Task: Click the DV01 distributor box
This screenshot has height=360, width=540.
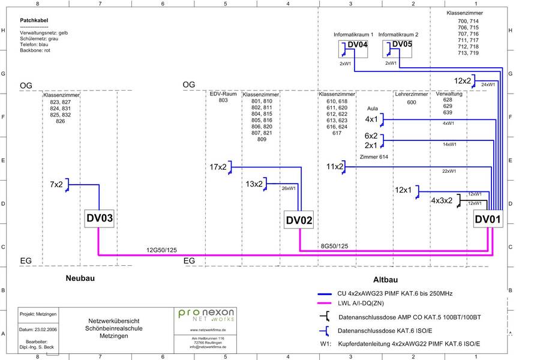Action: [x=487, y=220]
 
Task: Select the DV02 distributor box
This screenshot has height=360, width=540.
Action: [x=299, y=220]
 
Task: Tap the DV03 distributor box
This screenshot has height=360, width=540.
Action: [x=98, y=220]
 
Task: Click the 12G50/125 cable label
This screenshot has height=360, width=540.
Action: [x=161, y=249]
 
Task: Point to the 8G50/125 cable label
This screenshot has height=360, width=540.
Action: [x=334, y=246]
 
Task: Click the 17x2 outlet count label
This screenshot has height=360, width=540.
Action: [x=218, y=167]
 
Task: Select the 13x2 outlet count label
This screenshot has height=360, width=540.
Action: [x=254, y=184]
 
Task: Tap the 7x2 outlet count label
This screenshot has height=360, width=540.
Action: [x=56, y=184]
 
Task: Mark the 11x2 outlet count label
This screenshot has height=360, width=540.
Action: [x=335, y=166]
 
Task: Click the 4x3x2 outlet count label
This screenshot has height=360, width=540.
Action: [x=442, y=201]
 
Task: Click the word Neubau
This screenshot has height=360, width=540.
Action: [x=80, y=278]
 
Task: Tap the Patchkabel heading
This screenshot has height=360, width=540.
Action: [x=34, y=20]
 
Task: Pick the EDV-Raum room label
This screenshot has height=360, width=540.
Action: [x=223, y=94]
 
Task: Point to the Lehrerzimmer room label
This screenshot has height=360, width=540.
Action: [x=411, y=94]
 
